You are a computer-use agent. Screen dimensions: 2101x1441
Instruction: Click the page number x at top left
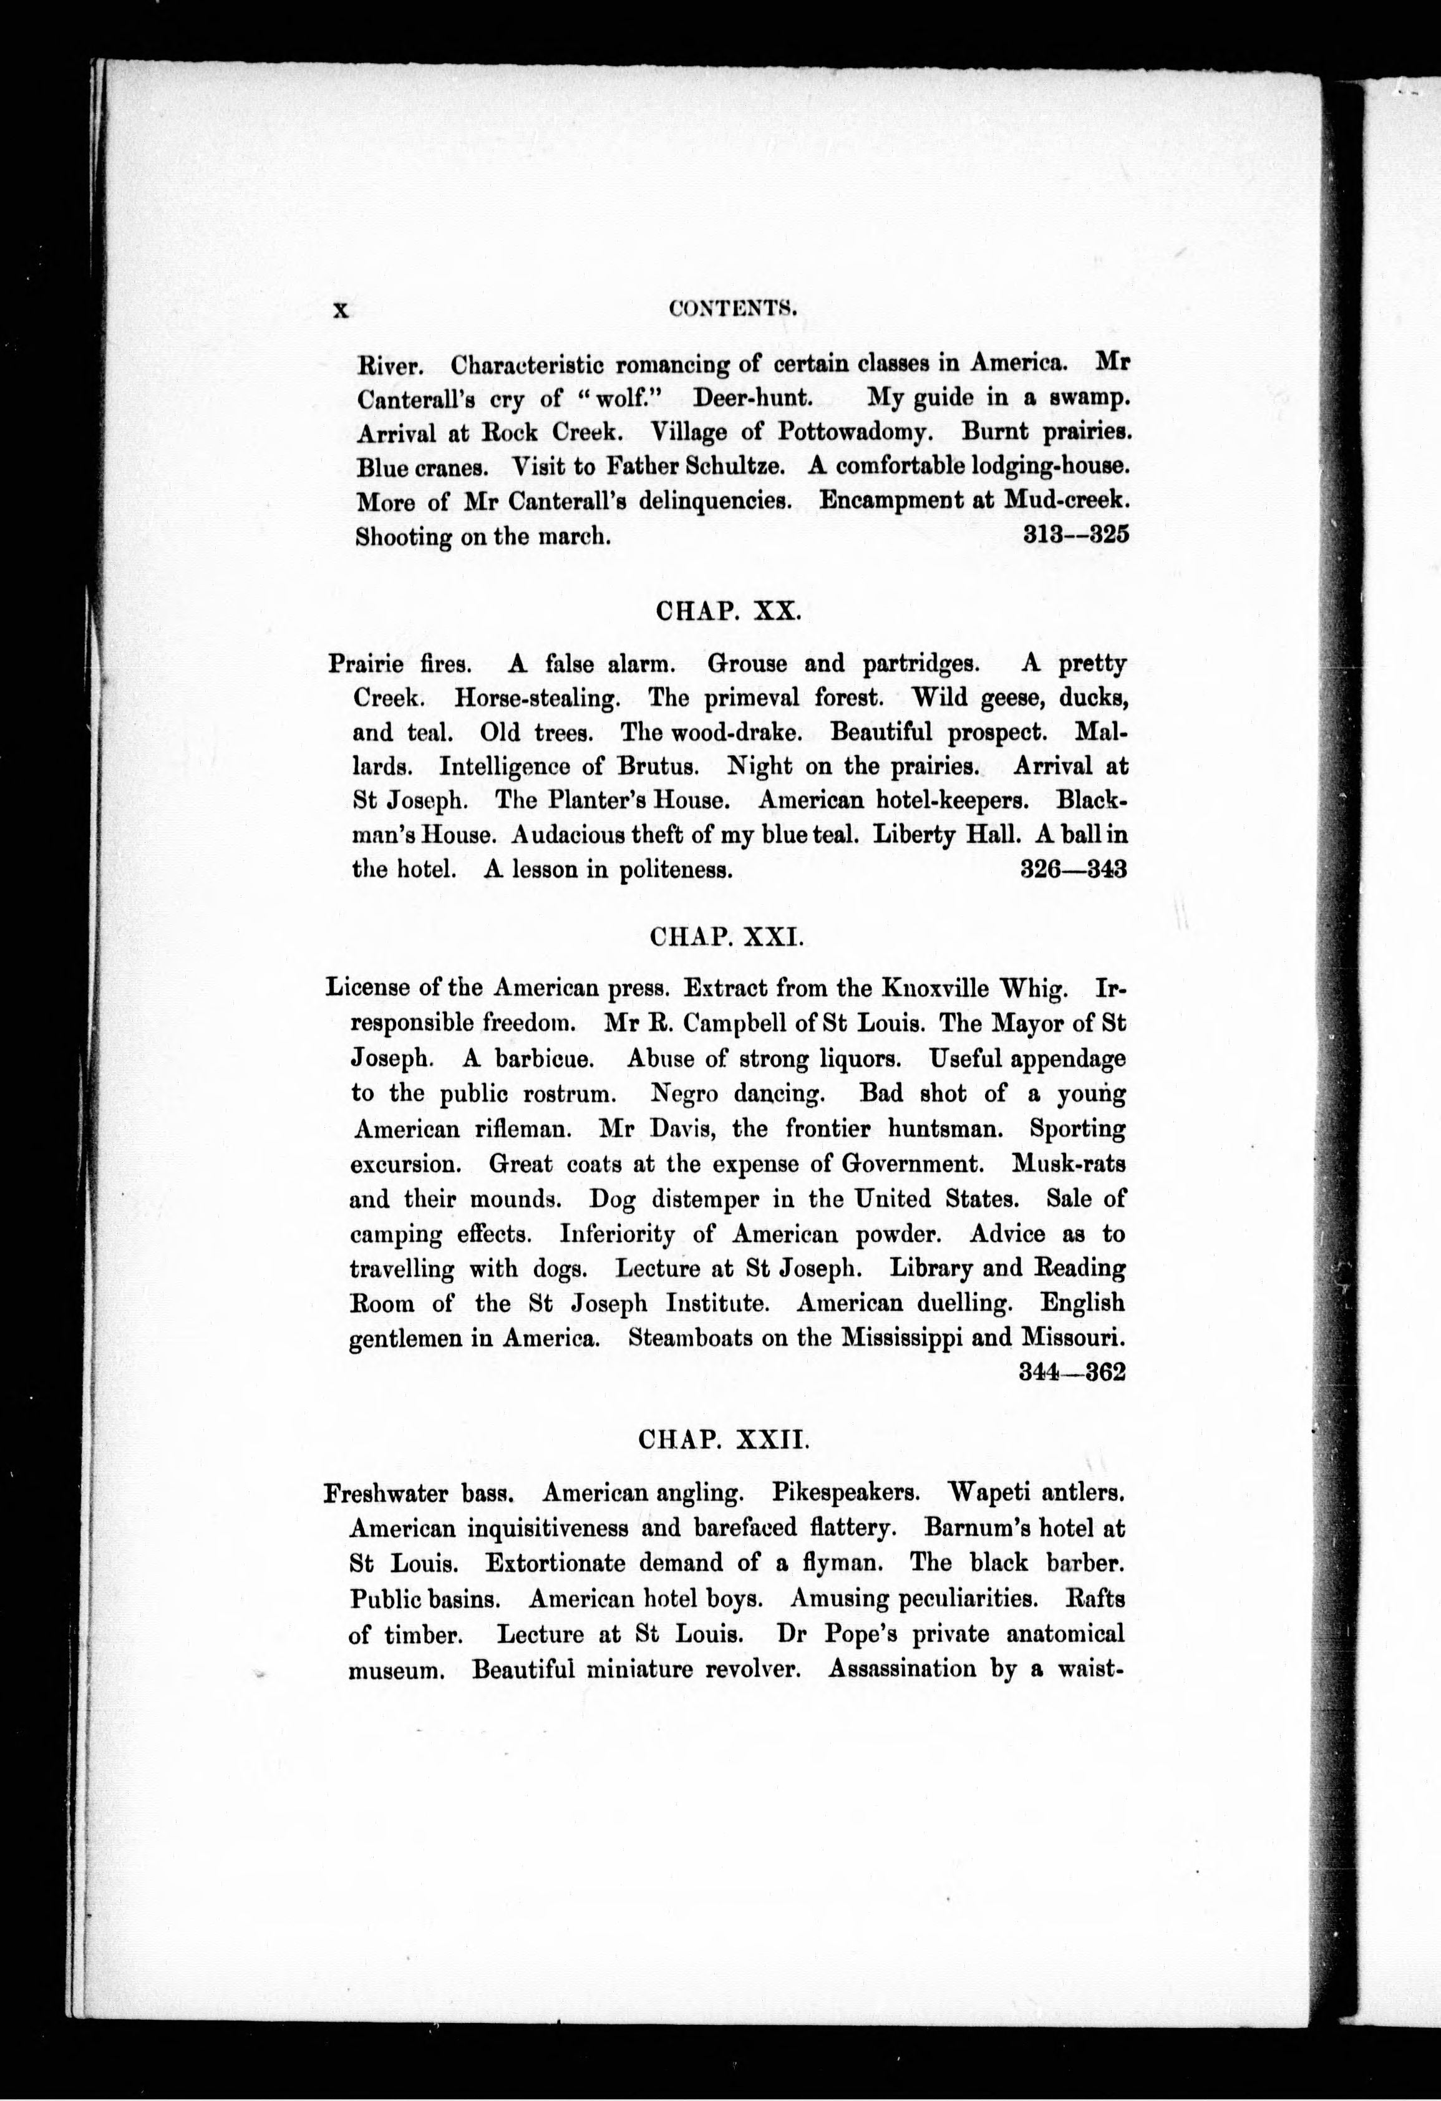point(340,310)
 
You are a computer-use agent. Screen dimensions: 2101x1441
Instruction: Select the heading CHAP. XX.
point(728,611)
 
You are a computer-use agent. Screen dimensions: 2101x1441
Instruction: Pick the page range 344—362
point(1072,1371)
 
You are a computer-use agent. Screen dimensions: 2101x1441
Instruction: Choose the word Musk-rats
point(1069,1163)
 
